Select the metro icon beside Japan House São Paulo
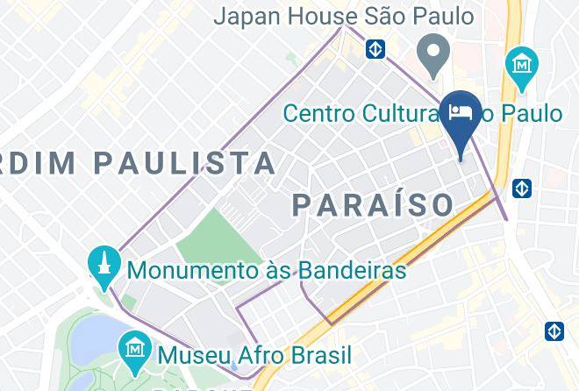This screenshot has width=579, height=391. coord(376,48)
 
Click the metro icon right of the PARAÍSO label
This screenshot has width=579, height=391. coord(522,188)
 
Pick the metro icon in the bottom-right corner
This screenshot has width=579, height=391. coord(554,331)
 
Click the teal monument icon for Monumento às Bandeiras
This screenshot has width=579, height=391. coord(104,262)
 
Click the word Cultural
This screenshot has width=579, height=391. coord(408,113)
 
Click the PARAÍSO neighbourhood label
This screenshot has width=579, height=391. coord(373,204)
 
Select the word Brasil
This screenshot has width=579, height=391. coord(322,355)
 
